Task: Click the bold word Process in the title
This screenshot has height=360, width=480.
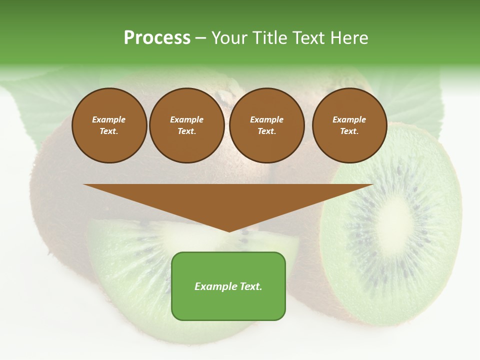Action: [157, 38]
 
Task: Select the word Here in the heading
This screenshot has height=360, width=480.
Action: [348, 38]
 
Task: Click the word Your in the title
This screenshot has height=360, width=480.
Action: [229, 38]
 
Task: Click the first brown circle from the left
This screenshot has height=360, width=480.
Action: [109, 125]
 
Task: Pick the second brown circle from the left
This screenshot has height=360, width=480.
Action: [186, 125]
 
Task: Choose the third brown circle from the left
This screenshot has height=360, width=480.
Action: [266, 125]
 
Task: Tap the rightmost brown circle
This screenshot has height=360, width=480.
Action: [349, 125]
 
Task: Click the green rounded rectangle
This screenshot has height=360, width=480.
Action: [228, 286]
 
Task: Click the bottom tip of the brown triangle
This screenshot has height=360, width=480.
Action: [228, 230]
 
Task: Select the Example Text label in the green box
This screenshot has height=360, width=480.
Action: [228, 286]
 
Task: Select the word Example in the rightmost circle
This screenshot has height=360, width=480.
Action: [349, 119]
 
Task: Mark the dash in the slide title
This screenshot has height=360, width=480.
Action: [200, 38]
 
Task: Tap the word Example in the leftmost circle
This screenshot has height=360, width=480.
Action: [109, 119]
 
